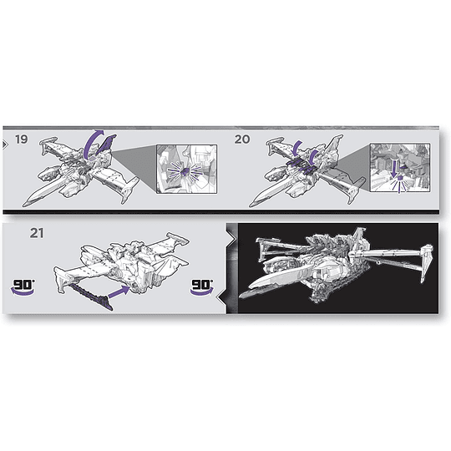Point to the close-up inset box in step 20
pos(399,172)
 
